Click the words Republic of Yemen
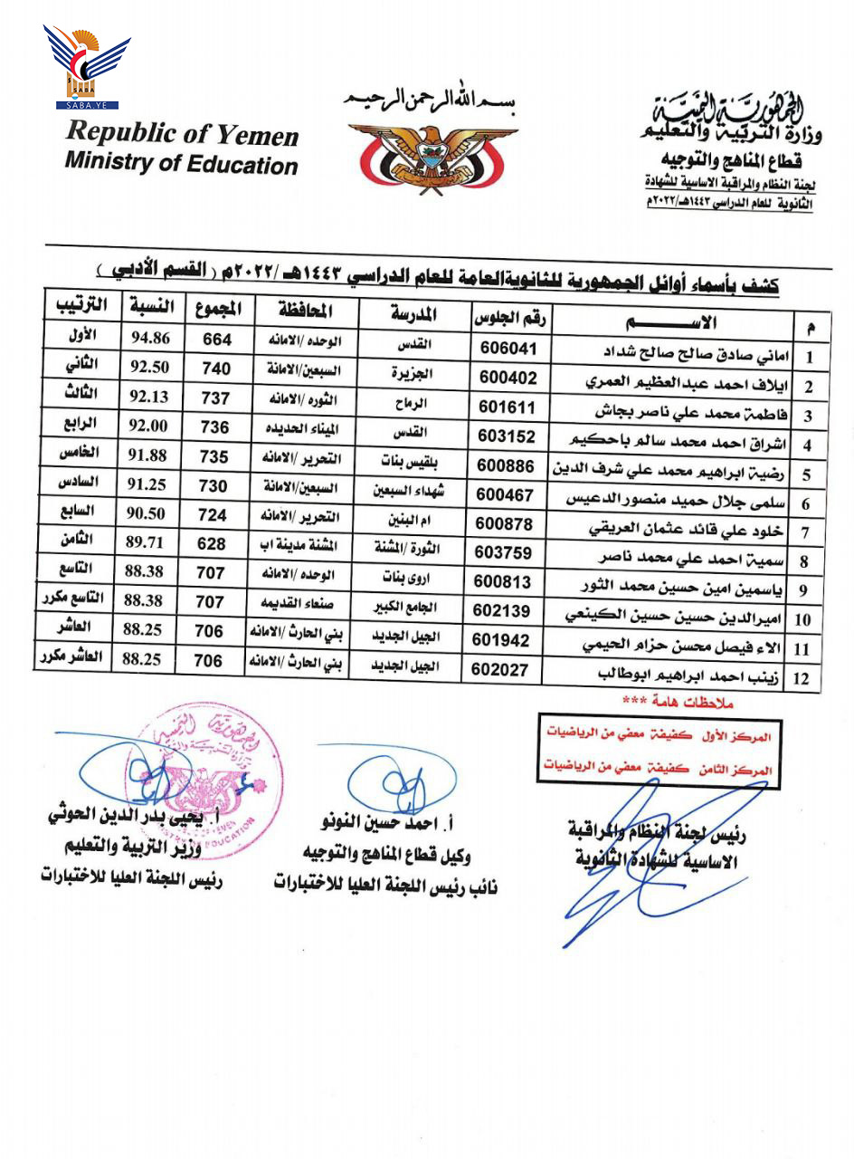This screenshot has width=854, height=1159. click(x=182, y=133)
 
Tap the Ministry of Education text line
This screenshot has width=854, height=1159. click(x=181, y=164)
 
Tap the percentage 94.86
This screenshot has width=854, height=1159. click(x=148, y=340)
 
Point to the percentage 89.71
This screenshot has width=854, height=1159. click(x=147, y=541)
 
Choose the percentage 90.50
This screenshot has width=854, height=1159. click(x=147, y=512)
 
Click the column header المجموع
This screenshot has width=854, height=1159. click(x=218, y=310)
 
